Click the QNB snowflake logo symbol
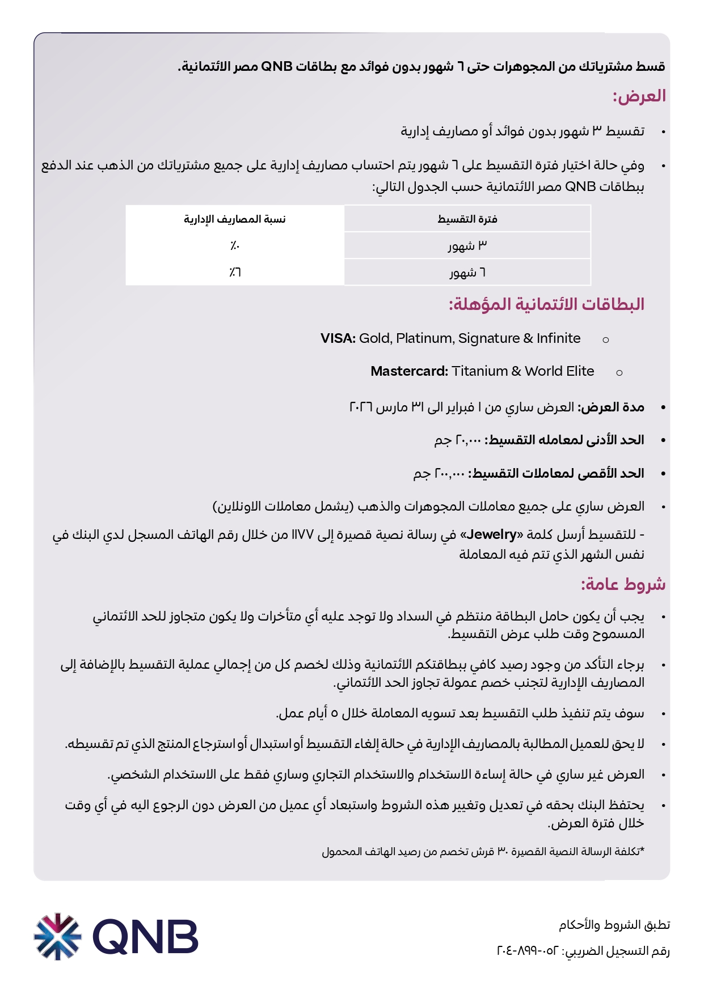[x=57, y=936]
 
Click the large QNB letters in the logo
[x=146, y=937]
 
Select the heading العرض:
[x=639, y=96]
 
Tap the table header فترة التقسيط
[x=467, y=219]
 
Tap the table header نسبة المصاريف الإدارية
[x=234, y=219]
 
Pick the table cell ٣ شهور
[x=467, y=245]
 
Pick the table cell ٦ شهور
[x=467, y=273]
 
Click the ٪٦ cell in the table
[x=235, y=273]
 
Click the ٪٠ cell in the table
[x=235, y=245]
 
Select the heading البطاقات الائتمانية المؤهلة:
[x=546, y=304]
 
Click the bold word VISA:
[x=338, y=338]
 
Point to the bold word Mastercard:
[x=409, y=371]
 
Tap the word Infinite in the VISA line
[x=558, y=338]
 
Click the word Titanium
[x=479, y=371]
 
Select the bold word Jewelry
[x=491, y=534]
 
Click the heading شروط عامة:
[x=623, y=584]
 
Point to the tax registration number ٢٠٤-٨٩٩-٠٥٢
[x=528, y=951]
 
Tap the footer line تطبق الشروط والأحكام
[x=614, y=925]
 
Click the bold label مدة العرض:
[x=610, y=407]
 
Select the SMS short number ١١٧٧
[x=302, y=534]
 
